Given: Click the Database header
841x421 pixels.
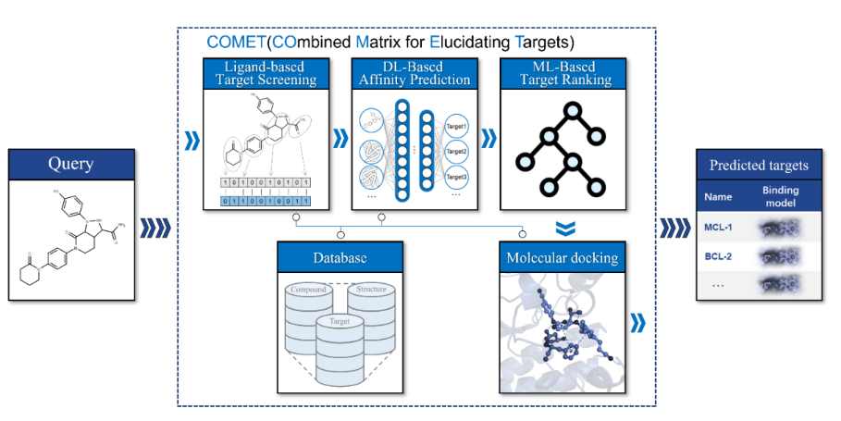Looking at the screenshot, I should point(340,256).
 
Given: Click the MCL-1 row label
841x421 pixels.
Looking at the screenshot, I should point(718,227).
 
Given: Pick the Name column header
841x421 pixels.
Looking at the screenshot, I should point(718,196).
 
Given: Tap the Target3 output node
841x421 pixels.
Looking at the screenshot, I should point(456,176).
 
